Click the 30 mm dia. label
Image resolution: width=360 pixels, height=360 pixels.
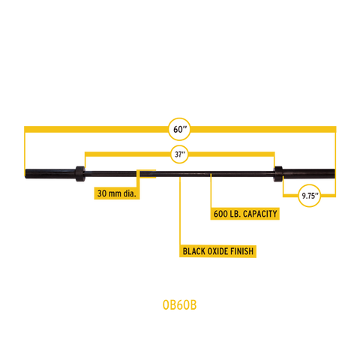(117, 193)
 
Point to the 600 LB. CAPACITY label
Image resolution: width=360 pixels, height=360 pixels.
(245, 214)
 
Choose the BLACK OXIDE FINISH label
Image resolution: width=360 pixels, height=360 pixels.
(218, 251)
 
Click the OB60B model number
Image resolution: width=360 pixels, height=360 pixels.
(179, 305)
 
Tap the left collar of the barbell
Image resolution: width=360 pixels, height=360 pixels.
(80, 174)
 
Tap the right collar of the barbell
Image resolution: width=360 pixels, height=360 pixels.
(278, 174)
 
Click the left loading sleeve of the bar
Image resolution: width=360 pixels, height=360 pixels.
(50, 173)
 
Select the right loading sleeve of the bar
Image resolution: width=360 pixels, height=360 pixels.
(309, 174)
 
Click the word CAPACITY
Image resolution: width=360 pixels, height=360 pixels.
(260, 214)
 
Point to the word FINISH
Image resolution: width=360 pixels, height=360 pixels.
(241, 251)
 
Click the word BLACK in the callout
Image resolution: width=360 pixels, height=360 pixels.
(193, 251)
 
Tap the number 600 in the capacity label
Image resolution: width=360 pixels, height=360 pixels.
(219, 214)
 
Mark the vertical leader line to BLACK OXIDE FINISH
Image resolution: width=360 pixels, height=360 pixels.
(180, 211)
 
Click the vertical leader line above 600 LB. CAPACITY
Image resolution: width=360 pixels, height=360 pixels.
(211, 191)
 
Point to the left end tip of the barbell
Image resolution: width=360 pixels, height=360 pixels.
(25, 173)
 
